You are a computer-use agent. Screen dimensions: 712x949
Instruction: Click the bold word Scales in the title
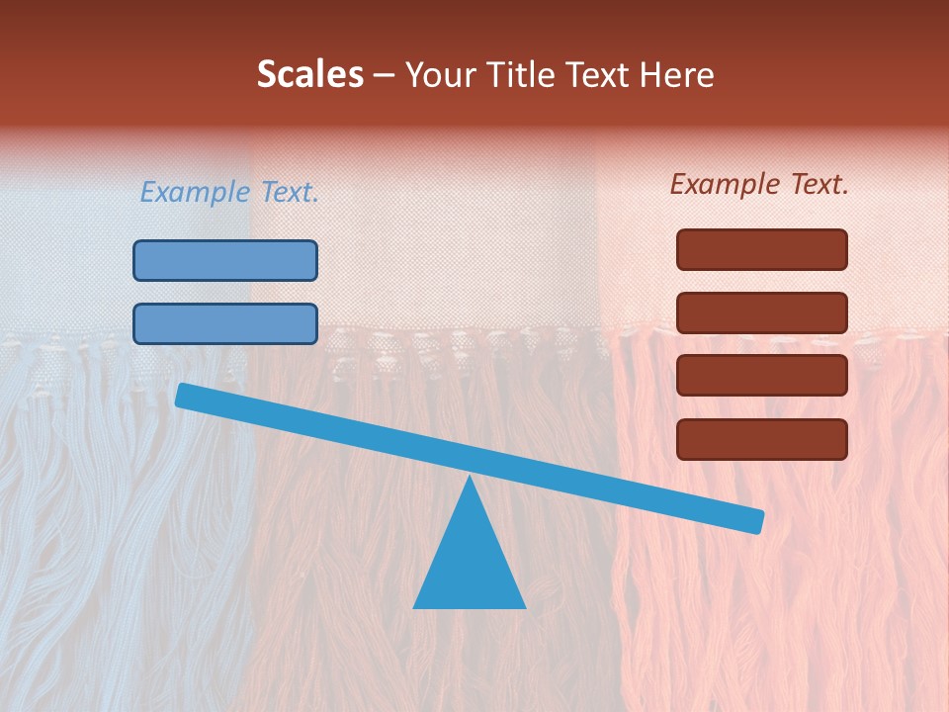tap(309, 75)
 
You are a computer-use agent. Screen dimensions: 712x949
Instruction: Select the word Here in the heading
tap(678, 75)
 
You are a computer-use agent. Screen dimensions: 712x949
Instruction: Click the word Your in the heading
tap(440, 75)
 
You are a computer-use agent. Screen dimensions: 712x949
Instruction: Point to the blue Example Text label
tap(229, 193)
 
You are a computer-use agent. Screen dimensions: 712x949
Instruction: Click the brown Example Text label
tap(759, 184)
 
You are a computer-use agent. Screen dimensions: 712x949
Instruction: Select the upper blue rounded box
tap(225, 260)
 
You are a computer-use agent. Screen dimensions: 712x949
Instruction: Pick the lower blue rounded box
tap(225, 323)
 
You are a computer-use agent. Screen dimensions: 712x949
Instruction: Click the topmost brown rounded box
tap(762, 249)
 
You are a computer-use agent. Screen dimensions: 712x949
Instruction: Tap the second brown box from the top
tap(762, 312)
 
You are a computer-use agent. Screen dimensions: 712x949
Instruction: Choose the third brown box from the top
tap(762, 376)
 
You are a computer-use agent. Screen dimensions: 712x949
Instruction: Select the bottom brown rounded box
tap(762, 439)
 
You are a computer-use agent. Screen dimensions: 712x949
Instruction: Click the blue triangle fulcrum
tap(470, 559)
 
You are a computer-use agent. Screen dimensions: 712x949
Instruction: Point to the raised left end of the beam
tap(182, 395)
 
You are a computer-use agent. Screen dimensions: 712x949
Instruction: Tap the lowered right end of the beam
tap(757, 521)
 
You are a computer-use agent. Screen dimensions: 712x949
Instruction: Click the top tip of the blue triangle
tap(471, 478)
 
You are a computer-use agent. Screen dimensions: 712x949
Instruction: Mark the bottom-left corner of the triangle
tap(415, 606)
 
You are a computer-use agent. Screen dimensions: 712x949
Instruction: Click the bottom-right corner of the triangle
tap(524, 606)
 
